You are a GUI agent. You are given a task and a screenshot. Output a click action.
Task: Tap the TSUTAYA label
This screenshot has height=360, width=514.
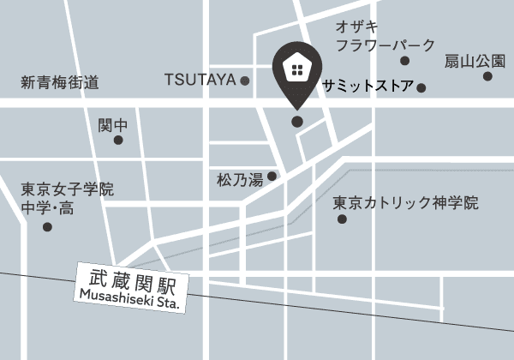(x=200, y=80)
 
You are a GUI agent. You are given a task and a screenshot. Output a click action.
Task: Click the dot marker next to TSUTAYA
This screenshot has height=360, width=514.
(x=245, y=81)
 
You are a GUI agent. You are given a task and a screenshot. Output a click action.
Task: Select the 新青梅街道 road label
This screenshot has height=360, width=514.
(x=60, y=83)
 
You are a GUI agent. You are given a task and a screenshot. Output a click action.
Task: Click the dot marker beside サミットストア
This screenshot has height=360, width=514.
(x=421, y=87)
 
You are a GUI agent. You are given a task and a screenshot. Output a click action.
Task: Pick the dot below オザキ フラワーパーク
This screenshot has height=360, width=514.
(x=404, y=61)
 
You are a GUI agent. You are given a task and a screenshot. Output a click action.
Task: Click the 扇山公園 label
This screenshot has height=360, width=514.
(x=474, y=61)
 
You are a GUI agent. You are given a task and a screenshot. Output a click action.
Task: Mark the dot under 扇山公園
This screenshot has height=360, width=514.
(x=487, y=76)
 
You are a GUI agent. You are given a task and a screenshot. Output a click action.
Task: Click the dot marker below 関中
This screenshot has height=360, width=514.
(x=118, y=140)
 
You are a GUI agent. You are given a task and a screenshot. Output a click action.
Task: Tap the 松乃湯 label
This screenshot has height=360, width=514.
(x=240, y=181)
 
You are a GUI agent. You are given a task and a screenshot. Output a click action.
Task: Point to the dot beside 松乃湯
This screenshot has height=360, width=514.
(x=272, y=177)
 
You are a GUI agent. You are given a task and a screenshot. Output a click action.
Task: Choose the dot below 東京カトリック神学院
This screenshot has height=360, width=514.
(x=343, y=219)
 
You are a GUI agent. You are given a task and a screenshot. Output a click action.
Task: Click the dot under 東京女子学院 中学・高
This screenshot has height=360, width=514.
(x=47, y=227)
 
